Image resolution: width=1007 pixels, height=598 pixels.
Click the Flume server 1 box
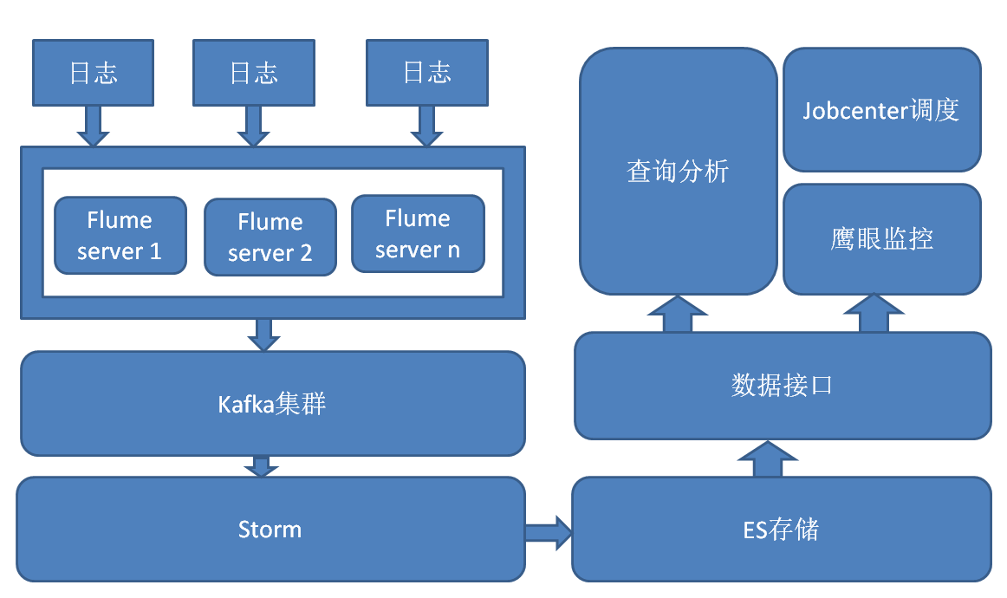point(120,236)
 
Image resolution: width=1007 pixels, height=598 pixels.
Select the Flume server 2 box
point(270,237)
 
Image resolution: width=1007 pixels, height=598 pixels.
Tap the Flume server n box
point(418,234)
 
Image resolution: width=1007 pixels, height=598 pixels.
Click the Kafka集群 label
point(272,404)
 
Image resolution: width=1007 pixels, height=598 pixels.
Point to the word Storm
point(270,530)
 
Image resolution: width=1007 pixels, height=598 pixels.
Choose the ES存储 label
point(781,529)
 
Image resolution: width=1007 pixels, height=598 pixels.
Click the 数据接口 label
point(782,386)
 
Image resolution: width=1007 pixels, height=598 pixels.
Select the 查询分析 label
point(678,172)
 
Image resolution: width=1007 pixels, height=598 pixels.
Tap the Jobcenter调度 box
point(881,110)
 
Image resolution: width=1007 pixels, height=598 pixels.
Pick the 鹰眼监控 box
point(881,239)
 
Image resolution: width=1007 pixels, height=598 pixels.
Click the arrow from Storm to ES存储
point(548,529)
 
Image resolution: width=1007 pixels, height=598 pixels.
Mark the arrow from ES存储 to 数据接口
point(767,459)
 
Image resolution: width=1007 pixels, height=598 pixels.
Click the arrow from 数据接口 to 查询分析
point(678,315)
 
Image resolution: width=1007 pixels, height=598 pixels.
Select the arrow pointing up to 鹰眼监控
point(874,314)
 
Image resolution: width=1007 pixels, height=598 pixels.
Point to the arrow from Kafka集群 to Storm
point(261,466)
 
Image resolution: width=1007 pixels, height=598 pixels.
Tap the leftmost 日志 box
point(93,73)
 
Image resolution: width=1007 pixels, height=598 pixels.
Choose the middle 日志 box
point(254,73)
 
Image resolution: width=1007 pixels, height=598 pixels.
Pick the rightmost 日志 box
point(426,73)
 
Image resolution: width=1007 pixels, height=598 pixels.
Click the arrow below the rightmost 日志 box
point(426,127)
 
